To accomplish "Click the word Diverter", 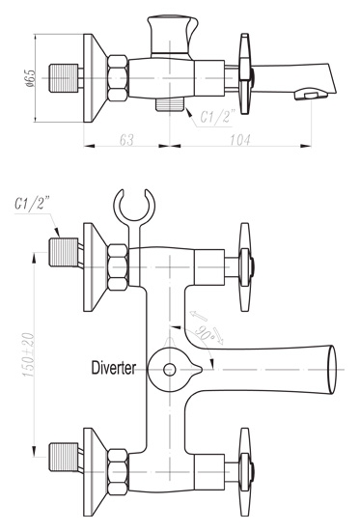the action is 114,368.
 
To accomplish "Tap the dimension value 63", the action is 126,140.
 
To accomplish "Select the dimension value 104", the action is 240,140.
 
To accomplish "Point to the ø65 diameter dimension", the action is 30,78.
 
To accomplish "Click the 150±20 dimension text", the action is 29,355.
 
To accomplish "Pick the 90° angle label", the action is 205,333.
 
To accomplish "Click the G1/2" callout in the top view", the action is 217,117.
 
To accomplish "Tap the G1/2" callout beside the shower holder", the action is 32,204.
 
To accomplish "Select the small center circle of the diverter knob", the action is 169,369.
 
